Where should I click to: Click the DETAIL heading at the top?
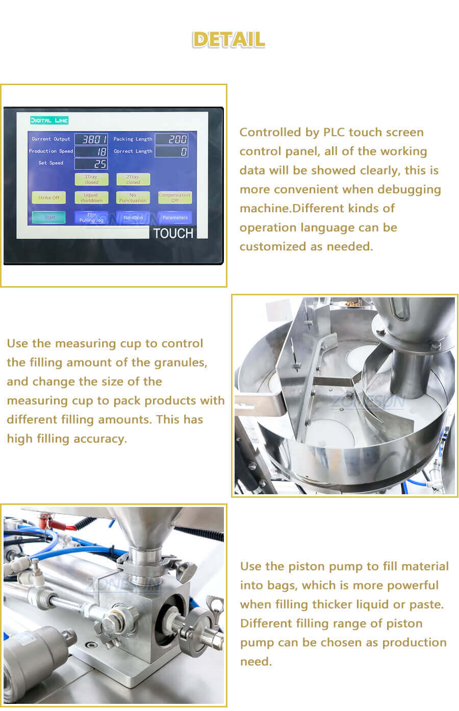click(x=229, y=40)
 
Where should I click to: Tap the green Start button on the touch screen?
click(x=49, y=217)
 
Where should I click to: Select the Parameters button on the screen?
click(x=174, y=217)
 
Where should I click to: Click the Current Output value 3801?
click(x=91, y=139)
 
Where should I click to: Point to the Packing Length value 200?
click(x=171, y=139)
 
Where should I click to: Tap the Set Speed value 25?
click(x=91, y=164)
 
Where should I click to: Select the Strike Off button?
click(x=49, y=197)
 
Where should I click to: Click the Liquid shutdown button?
click(x=91, y=197)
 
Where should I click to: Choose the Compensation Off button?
click(x=174, y=197)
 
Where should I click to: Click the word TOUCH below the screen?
click(x=173, y=234)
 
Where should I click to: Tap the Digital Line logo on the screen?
click(x=49, y=120)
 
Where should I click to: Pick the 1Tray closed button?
click(x=91, y=180)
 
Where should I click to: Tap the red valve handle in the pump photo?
click(x=51, y=522)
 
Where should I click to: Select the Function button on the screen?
click(x=133, y=217)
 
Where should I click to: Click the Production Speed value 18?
click(x=91, y=151)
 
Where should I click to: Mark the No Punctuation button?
click(x=133, y=197)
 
